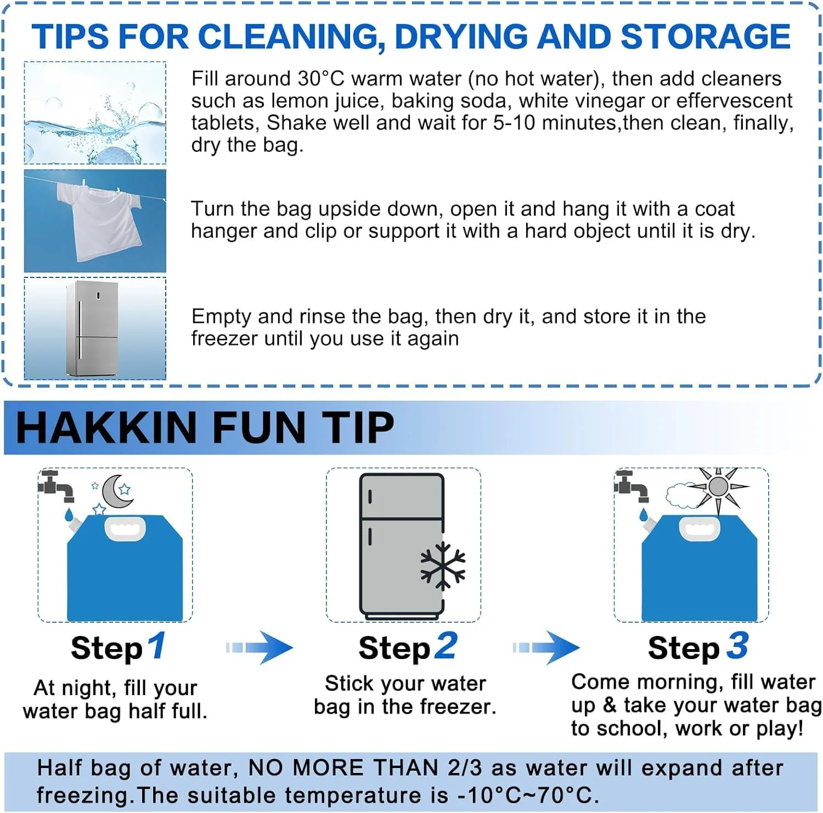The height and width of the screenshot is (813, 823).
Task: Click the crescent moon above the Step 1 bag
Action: click(x=116, y=491)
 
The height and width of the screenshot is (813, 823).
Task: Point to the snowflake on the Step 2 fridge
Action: click(x=442, y=566)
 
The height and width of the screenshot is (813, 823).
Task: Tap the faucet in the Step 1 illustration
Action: click(x=55, y=486)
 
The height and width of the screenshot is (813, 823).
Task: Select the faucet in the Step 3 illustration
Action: click(x=632, y=486)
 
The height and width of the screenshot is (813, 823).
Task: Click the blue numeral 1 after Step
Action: click(x=157, y=645)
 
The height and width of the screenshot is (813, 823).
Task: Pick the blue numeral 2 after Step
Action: click(x=446, y=645)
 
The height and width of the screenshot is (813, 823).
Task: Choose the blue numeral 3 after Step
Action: click(x=737, y=645)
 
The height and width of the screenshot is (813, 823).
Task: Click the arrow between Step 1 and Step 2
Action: click(x=260, y=647)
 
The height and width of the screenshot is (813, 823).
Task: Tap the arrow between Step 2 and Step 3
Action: click(x=546, y=647)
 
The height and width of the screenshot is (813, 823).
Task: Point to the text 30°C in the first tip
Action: click(x=321, y=79)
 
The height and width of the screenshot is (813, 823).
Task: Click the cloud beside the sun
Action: click(x=681, y=495)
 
